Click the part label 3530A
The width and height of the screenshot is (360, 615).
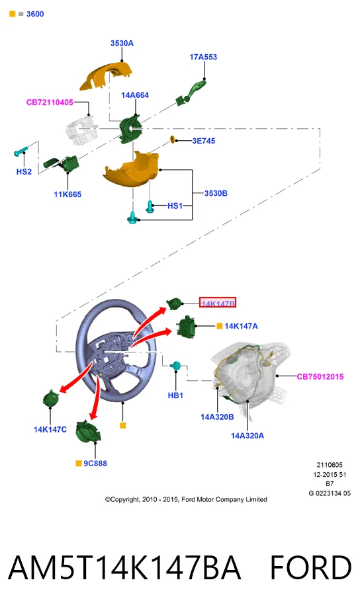pos(122,43)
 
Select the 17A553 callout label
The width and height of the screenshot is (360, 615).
pos(203,57)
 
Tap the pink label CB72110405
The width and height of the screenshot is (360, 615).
pos(50,102)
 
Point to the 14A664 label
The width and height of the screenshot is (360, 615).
pos(135,95)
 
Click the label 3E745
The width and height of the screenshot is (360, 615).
pos(204,141)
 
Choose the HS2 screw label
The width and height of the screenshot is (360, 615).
pos(24,171)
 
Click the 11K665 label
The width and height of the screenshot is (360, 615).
pos(67,194)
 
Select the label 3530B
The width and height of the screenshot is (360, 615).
pos(216,193)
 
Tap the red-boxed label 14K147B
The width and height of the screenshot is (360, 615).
pos(218,302)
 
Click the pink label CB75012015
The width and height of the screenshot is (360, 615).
pos(320,376)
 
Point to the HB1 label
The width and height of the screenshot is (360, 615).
pos(175,395)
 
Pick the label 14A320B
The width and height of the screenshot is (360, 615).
pos(217,417)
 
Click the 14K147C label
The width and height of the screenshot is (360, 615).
pos(50,429)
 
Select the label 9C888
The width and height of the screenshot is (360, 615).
pos(95,463)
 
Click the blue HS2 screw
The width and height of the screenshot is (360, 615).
pos(21,151)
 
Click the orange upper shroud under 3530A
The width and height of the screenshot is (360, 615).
pos(106,75)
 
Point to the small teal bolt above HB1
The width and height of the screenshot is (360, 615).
pos(175,366)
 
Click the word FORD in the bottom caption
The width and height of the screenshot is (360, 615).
pos(310,567)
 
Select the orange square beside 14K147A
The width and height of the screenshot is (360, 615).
pos(220,326)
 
